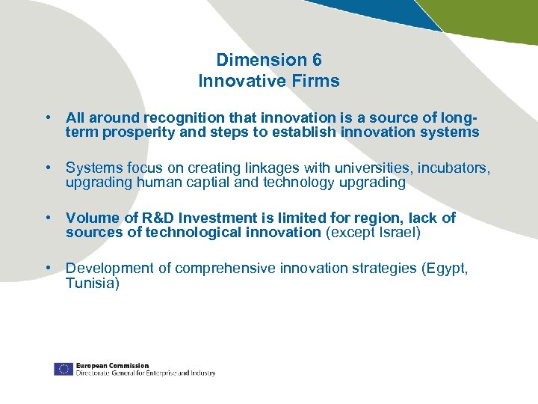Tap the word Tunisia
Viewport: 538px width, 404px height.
click(x=91, y=283)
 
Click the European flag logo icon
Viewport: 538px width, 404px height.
click(x=63, y=369)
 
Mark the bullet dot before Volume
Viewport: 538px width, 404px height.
click(x=48, y=218)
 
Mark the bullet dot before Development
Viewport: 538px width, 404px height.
click(x=48, y=268)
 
